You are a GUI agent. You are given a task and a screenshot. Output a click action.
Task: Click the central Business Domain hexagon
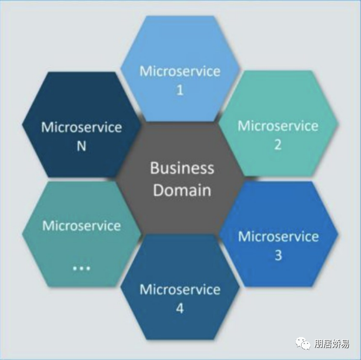tap(180, 179)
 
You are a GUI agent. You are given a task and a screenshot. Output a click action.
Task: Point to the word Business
tap(182, 168)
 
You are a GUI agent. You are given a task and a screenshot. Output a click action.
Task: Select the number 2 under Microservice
tap(278, 145)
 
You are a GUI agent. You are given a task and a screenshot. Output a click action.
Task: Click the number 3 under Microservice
tap(278, 256)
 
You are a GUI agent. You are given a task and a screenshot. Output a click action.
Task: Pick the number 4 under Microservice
tap(180, 308)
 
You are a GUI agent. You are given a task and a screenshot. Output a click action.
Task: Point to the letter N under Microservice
tap(81, 146)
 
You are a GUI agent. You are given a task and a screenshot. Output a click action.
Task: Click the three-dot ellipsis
tap(81, 268)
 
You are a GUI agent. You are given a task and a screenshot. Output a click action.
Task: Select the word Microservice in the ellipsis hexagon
tap(81, 226)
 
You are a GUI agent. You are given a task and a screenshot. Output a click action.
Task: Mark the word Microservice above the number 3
tap(278, 237)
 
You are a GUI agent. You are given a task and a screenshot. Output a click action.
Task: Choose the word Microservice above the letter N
tap(81, 127)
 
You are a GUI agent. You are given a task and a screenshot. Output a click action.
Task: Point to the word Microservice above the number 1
tap(180, 72)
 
